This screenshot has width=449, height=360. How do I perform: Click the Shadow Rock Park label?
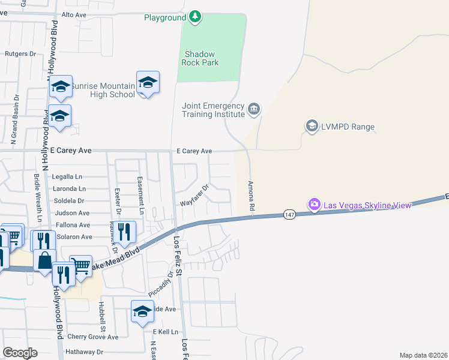[200, 58]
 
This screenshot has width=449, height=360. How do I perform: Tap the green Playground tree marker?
[194, 17]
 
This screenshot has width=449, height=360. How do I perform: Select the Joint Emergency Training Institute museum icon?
[254, 109]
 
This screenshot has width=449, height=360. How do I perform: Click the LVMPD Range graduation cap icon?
[312, 126]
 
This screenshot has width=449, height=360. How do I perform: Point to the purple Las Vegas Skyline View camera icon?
[314, 205]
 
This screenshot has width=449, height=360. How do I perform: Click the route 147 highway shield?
[289, 214]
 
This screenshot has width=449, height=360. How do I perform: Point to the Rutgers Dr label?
[20, 53]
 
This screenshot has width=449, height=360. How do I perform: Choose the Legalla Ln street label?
[67, 177]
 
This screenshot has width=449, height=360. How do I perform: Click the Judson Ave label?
[72, 213]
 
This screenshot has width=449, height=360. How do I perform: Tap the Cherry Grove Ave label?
[92, 337]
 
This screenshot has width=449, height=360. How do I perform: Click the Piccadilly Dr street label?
[160, 283]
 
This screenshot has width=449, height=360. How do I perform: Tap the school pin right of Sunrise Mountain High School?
[147, 83]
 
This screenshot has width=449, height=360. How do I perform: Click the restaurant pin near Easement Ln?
[124, 232]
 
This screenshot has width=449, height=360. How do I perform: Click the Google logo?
[20, 353]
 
